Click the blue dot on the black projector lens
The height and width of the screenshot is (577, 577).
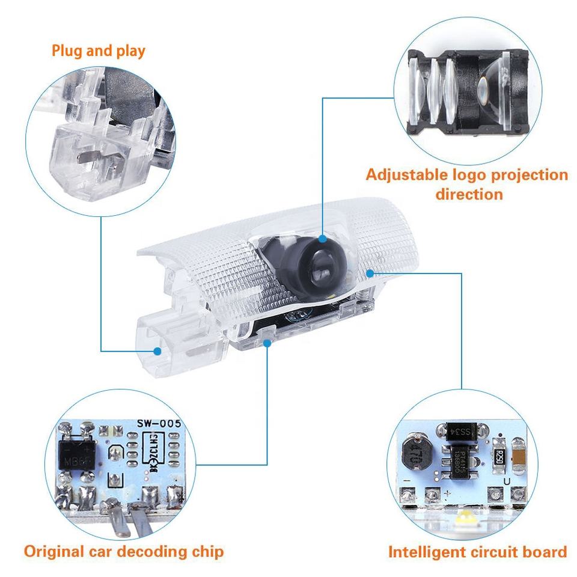click(x=323, y=239)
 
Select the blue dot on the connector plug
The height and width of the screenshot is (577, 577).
click(x=157, y=350)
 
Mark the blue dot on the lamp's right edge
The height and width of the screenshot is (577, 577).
click(x=370, y=272)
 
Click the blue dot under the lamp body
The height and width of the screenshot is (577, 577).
click(x=267, y=342)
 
